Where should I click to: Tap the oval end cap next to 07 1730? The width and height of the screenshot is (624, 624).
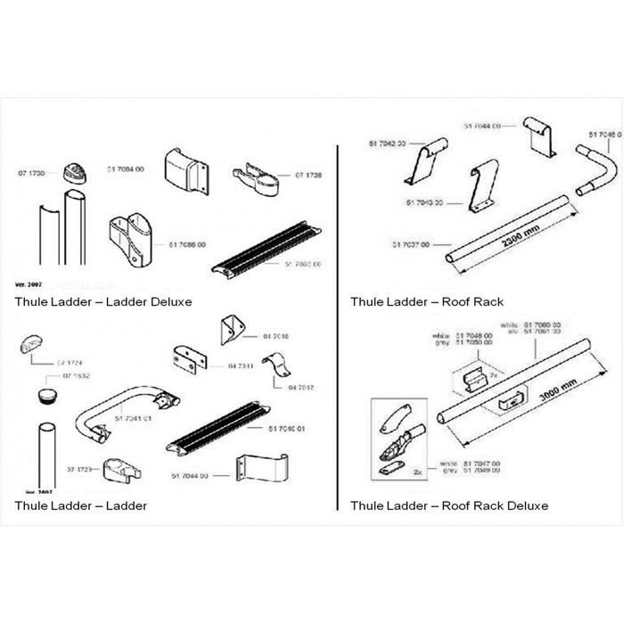coord(74,173)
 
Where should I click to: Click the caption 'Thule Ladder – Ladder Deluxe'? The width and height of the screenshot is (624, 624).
coord(103,301)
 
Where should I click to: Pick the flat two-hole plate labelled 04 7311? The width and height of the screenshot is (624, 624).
coord(188,361)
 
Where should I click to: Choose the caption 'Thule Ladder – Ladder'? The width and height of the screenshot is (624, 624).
coord(81,505)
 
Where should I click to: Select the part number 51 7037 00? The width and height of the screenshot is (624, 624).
coord(412,243)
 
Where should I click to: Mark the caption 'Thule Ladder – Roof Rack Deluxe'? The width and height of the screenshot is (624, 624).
coord(449,505)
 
